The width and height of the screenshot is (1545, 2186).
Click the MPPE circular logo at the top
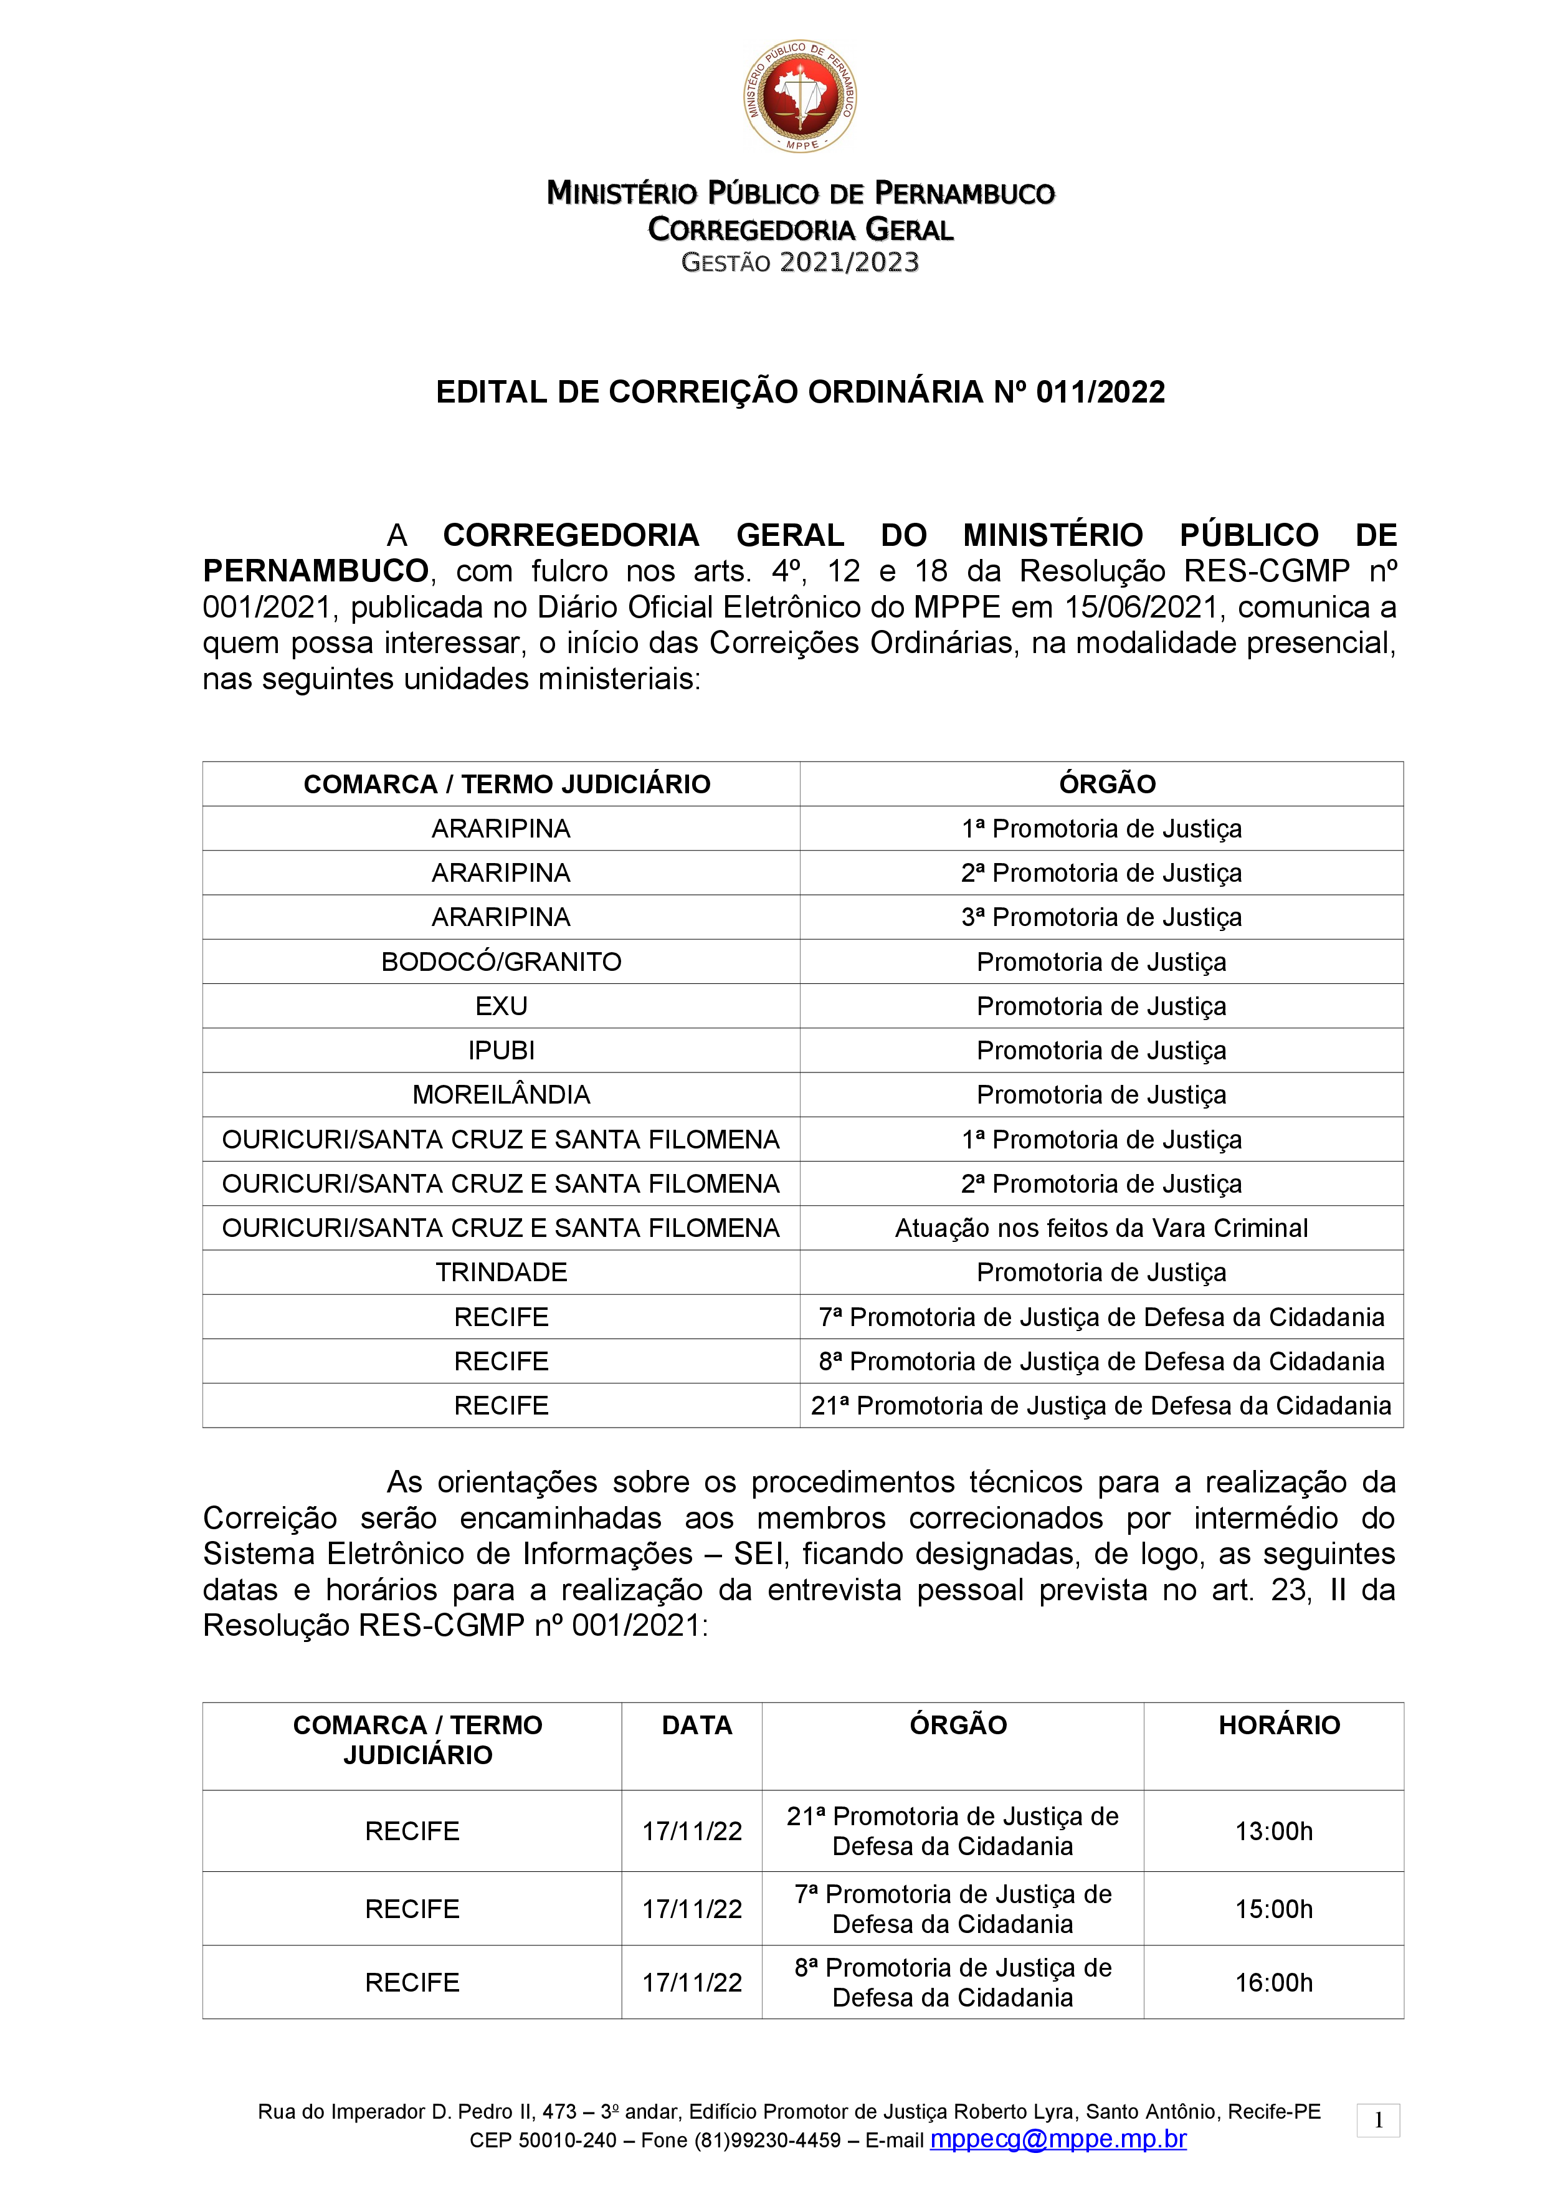coord(800,95)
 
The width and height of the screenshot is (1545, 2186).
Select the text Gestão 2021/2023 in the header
coord(800,263)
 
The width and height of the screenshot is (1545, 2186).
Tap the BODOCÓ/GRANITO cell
coord(501,962)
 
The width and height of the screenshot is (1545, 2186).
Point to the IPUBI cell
coord(501,1050)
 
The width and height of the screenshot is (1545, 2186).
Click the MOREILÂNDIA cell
coord(501,1095)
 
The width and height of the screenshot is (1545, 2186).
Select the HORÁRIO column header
coord(1278,1725)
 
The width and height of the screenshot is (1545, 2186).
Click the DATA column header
coord(697,1725)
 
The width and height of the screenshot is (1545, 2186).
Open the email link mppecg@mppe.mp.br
coord(1058,2139)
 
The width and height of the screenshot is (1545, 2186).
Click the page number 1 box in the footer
coord(1377,2121)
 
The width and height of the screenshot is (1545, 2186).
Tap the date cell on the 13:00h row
coord(692,1831)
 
